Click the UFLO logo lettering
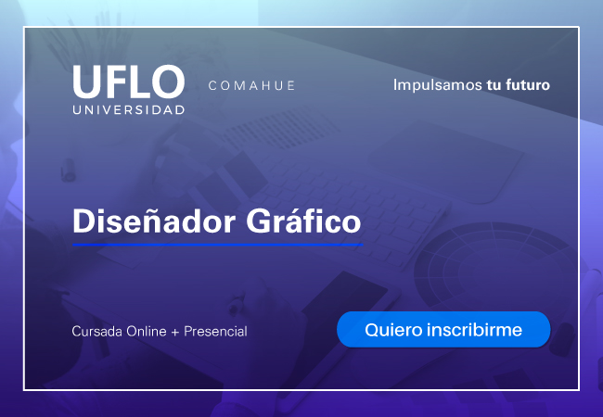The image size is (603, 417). (x=129, y=82)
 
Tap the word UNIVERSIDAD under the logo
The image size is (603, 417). (x=129, y=110)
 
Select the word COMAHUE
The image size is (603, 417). (x=251, y=85)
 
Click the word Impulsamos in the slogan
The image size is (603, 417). (x=437, y=85)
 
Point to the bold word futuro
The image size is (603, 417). (x=528, y=84)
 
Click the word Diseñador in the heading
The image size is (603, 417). (x=154, y=221)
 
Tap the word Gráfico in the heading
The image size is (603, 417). (x=303, y=221)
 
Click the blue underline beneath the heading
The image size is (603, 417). (x=218, y=244)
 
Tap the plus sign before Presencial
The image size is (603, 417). (x=175, y=332)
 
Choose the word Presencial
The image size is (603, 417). (x=215, y=331)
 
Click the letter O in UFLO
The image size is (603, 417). (x=168, y=82)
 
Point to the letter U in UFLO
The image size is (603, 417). (x=87, y=82)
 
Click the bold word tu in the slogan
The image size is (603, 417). (x=494, y=85)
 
